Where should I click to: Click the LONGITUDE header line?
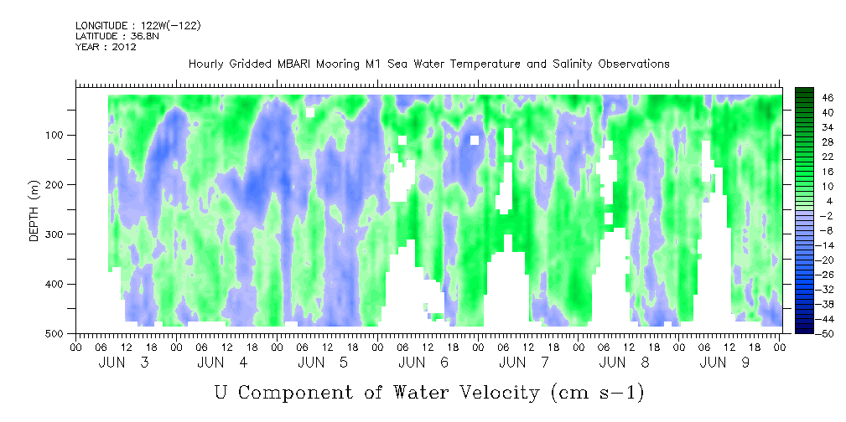tap(138, 26)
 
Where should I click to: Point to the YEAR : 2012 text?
tap(106, 47)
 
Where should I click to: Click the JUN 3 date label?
tap(126, 363)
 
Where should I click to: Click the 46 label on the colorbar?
tap(828, 97)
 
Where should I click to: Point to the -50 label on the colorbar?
tap(827, 333)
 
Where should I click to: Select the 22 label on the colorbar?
tap(828, 156)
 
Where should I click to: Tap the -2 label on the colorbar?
tap(827, 215)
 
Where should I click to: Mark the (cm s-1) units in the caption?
tap(596, 392)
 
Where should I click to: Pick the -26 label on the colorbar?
tap(827, 274)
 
